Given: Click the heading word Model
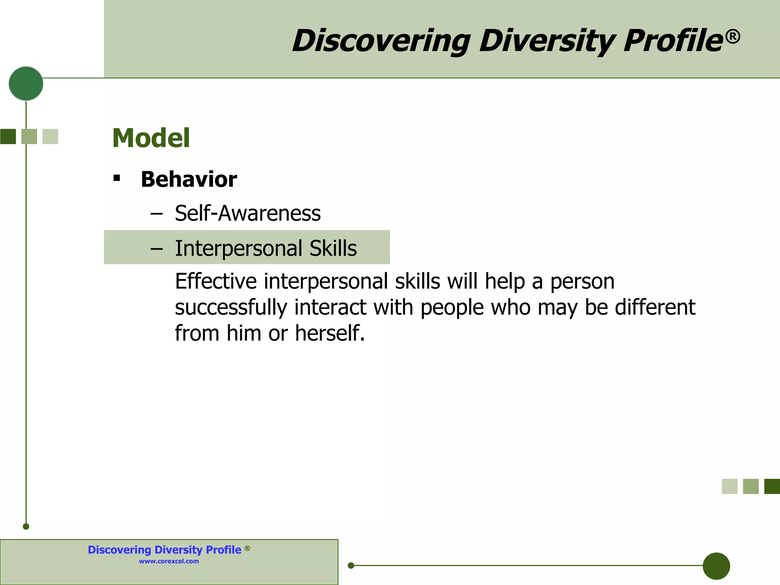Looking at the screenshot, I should pyautogui.click(x=151, y=138).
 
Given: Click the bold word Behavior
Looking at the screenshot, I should pyautogui.click(x=189, y=179).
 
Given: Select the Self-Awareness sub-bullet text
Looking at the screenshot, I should pyautogui.click(x=248, y=213).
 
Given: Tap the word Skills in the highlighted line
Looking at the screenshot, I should pyautogui.click(x=333, y=248).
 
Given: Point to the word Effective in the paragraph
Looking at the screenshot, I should pyautogui.click(x=216, y=281).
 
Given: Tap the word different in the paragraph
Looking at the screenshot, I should pyautogui.click(x=655, y=307).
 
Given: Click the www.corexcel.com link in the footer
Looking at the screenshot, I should pyautogui.click(x=169, y=561).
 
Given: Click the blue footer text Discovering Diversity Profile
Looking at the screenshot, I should pyautogui.click(x=165, y=550).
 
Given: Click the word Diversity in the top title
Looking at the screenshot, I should pyautogui.click(x=546, y=41).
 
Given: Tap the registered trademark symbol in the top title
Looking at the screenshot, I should pyautogui.click(x=733, y=37).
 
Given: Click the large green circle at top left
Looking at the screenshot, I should pyautogui.click(x=26, y=83).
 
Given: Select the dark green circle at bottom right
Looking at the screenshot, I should pyautogui.click(x=716, y=566).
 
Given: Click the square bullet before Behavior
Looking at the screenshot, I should pyautogui.click(x=117, y=178).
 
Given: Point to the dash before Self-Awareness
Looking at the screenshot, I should pyautogui.click(x=157, y=214).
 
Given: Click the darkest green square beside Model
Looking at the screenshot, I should pyautogui.click(x=8, y=137).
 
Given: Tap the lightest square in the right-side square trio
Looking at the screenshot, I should pyautogui.click(x=729, y=486).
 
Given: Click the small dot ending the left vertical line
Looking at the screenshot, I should pyautogui.click(x=26, y=527).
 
